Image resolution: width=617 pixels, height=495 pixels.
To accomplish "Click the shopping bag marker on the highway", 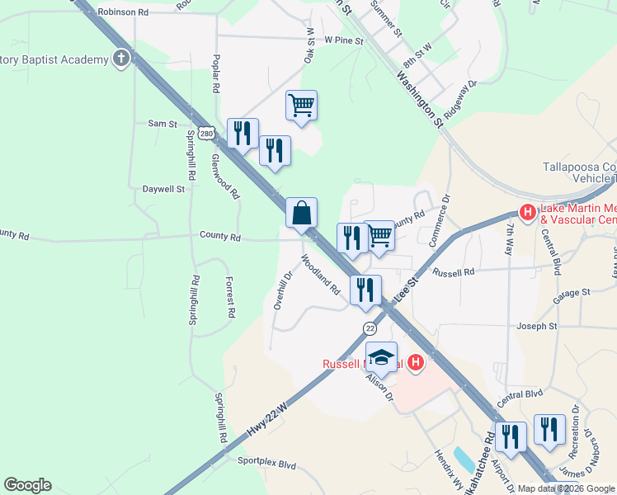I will tap(302, 212).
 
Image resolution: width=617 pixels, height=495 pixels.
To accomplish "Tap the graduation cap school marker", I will tap(381, 356).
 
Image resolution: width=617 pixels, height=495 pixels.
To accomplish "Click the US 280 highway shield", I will tap(207, 132).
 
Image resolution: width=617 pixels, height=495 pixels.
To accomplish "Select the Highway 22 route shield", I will tap(370, 328).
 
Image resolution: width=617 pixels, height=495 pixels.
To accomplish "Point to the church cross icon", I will tap(122, 59).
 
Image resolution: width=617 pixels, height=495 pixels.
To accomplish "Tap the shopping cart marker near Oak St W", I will tap(302, 105).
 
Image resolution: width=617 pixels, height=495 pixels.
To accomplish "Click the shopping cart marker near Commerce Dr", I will tap(379, 235).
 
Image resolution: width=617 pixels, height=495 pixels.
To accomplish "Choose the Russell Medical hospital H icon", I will tap(417, 362).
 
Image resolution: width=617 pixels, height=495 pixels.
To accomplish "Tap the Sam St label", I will tap(162, 124).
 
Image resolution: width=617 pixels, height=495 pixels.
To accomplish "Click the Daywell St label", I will tap(162, 189).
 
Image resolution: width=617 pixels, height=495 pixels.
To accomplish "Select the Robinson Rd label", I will tap(123, 12).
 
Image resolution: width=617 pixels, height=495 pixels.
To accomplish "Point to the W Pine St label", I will tap(344, 39).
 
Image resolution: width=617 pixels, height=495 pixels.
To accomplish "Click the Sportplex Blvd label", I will tap(266, 464).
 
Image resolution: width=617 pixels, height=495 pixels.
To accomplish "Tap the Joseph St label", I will tap(537, 327).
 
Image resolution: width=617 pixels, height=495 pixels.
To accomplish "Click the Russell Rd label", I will tap(454, 271).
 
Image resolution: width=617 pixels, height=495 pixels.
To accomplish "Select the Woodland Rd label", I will tap(321, 275).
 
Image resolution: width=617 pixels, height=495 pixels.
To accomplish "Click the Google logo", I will tap(27, 484).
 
